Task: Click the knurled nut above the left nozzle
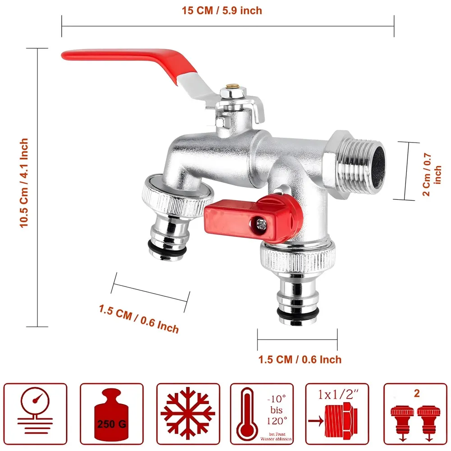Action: tap(177, 196)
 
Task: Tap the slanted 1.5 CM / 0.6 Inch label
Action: tap(139, 318)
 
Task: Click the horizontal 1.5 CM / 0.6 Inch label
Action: tap(299, 359)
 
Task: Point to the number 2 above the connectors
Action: tap(416, 393)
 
